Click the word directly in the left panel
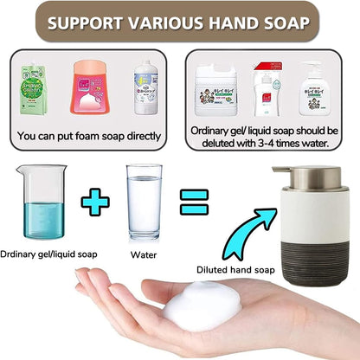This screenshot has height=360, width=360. pos(143,138)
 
